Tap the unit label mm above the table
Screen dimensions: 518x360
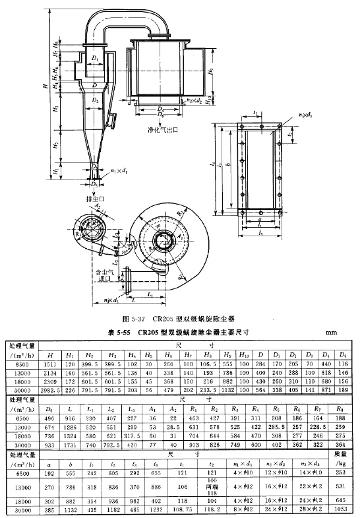331,333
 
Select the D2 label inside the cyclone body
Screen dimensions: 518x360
96,100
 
